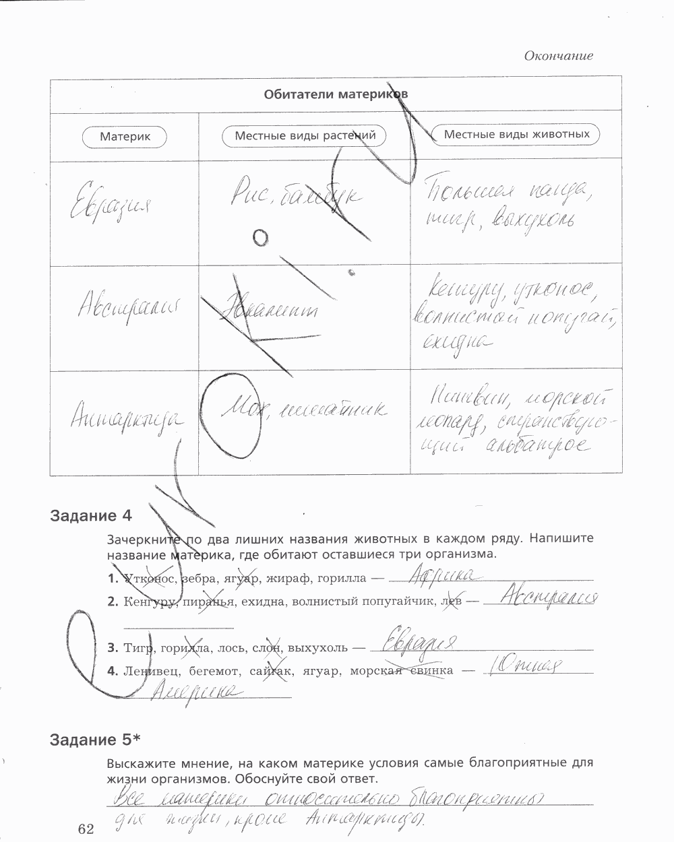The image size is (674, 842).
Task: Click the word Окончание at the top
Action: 558,56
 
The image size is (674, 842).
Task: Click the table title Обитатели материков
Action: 336,94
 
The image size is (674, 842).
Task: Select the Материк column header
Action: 125,136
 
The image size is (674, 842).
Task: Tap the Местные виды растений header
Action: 305,135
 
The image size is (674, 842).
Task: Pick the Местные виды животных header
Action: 516,134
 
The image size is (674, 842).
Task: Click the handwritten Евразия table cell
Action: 111,200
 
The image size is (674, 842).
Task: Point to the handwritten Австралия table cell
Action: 123,309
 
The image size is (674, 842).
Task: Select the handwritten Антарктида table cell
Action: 125,418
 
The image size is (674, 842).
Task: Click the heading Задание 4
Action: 91,517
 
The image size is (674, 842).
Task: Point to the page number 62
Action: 86,829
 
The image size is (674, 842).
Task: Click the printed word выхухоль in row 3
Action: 317,648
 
